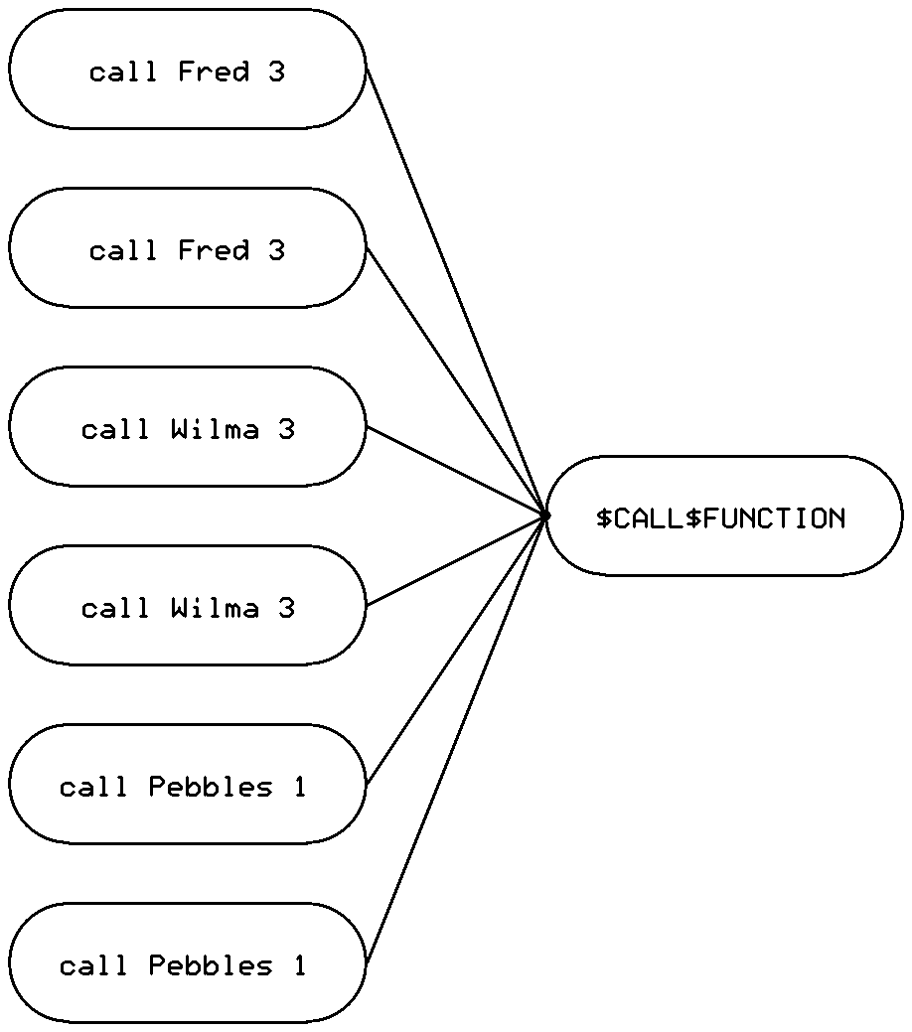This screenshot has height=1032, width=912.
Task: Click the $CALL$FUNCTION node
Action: pos(723,516)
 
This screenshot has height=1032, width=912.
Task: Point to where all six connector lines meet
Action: pos(544,515)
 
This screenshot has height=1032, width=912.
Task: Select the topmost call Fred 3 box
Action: pos(187,69)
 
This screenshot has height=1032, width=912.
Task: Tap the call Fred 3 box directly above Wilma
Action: pos(187,247)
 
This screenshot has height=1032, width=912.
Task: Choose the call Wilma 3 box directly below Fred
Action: pos(187,426)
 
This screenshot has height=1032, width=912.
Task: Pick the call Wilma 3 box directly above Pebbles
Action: pos(187,605)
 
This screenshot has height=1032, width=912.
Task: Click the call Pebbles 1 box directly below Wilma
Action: pos(187,784)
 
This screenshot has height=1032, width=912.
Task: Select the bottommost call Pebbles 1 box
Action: pos(187,962)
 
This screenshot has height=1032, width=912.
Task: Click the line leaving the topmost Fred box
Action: pos(455,291)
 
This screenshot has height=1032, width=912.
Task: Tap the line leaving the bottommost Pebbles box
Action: pos(455,739)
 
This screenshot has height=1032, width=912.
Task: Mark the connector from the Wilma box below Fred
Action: pos(455,471)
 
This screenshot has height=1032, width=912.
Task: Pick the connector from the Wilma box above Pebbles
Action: pos(455,560)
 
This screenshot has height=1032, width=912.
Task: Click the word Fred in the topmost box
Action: pos(214,72)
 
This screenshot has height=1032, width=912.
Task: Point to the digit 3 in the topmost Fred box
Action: pos(276,72)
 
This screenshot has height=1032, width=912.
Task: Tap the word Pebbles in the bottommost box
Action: pos(210,965)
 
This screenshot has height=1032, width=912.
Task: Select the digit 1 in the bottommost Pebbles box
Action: pos(299,965)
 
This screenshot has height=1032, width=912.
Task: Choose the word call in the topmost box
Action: pos(124,72)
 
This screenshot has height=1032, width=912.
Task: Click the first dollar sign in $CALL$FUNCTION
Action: pos(604,518)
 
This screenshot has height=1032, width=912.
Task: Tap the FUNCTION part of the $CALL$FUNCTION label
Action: pos(773,518)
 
